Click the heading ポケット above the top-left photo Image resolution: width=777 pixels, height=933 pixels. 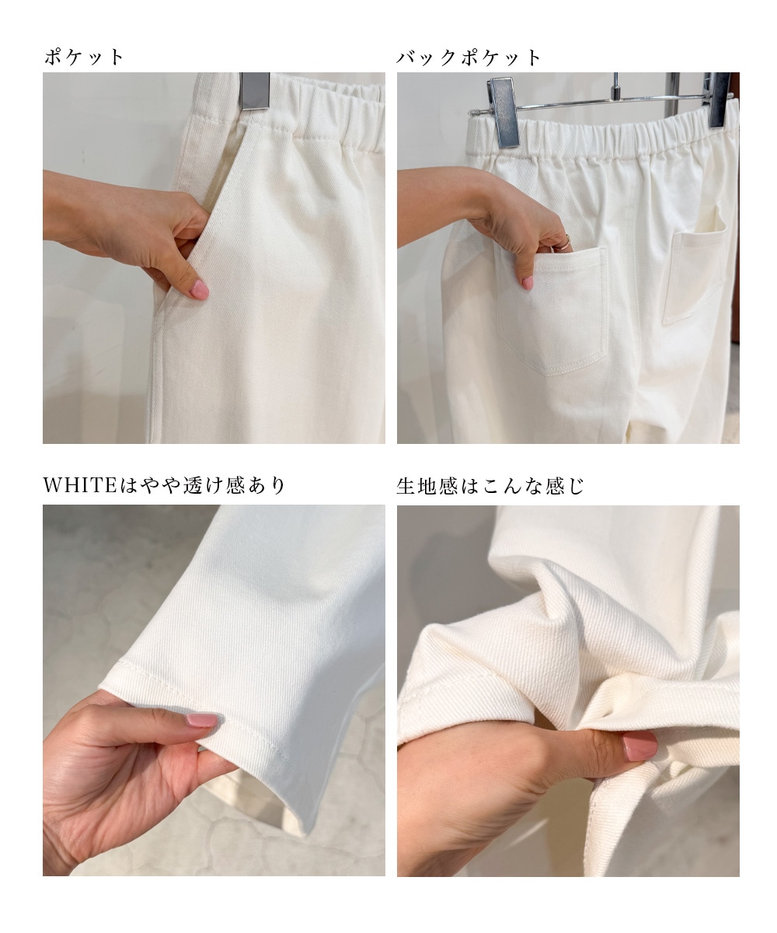pyautogui.click(x=83, y=58)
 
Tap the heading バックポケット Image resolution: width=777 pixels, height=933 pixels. pyautogui.click(x=469, y=58)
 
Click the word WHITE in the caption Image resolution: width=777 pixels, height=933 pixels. pyautogui.click(x=80, y=485)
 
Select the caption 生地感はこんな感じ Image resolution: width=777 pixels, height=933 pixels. pyautogui.click(x=490, y=486)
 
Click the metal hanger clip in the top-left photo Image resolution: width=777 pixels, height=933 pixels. pyautogui.click(x=255, y=91)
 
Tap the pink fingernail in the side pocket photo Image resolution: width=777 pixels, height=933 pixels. pyautogui.click(x=199, y=289)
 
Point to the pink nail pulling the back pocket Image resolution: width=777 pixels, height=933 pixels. pyautogui.click(x=528, y=282)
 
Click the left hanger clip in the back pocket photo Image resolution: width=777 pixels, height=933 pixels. pyautogui.click(x=503, y=112)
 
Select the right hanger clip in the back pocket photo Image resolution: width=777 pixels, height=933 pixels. pyautogui.click(x=718, y=100)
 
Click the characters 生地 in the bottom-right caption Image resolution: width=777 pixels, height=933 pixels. pyautogui.click(x=416, y=486)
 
